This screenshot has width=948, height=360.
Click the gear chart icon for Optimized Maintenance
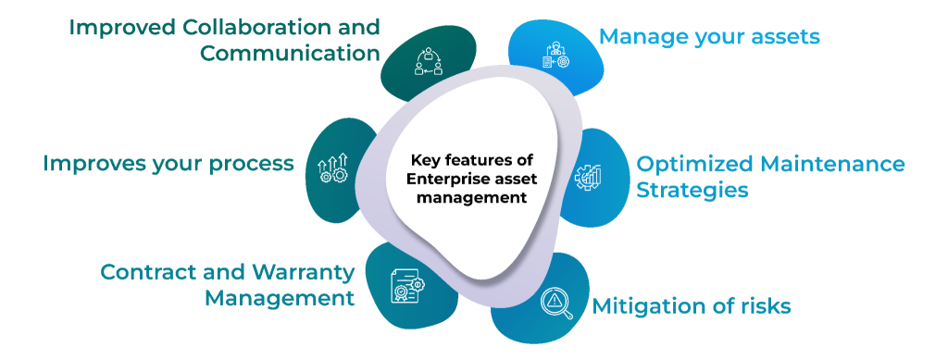click(x=590, y=177)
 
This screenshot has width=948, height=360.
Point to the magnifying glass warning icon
click(x=557, y=303)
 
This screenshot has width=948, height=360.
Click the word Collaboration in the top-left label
click(x=268, y=27)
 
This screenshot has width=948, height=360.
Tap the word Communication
click(x=290, y=52)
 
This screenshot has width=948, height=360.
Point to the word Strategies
click(x=692, y=191)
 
